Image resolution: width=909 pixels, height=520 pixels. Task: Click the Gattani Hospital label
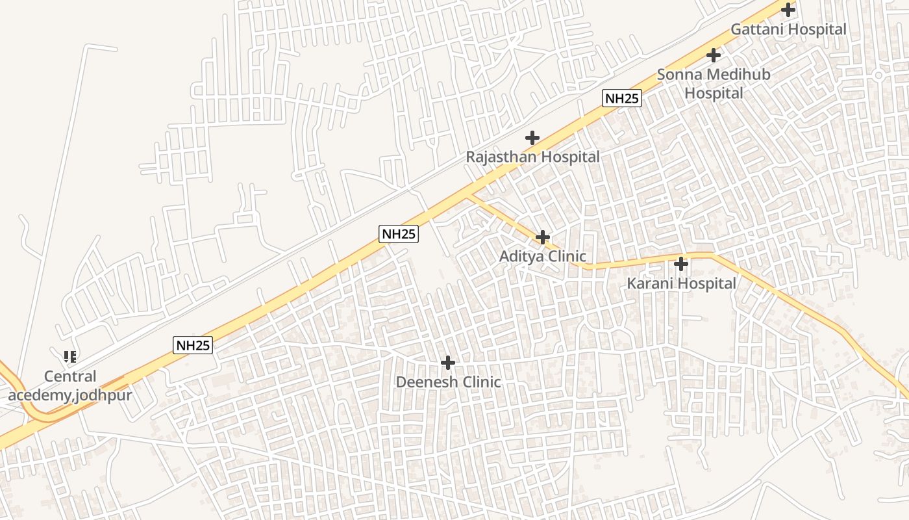(x=788, y=29)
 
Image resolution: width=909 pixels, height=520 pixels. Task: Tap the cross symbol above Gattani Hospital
(x=788, y=10)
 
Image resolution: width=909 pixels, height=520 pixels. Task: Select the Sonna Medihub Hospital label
(x=714, y=84)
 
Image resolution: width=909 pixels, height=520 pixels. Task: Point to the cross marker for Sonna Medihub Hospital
(x=714, y=55)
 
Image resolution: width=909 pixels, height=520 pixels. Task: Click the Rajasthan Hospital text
(x=532, y=157)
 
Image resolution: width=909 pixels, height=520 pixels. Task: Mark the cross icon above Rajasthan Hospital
(x=532, y=138)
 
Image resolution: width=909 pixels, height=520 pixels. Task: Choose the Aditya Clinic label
(x=542, y=257)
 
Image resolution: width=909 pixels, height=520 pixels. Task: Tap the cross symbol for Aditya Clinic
(x=543, y=237)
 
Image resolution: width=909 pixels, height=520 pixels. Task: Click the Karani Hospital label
(x=681, y=283)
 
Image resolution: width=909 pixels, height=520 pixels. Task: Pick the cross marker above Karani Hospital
(x=681, y=264)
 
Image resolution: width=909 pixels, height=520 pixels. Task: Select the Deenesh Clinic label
(x=448, y=382)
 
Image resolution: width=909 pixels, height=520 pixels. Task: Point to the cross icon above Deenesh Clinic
(x=448, y=363)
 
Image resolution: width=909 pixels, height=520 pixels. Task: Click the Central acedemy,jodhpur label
(x=70, y=386)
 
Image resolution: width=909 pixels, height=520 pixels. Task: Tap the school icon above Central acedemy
(x=70, y=356)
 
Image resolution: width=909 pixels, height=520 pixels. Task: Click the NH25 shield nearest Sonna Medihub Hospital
(x=622, y=98)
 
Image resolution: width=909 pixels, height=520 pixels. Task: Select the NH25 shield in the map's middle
(x=399, y=234)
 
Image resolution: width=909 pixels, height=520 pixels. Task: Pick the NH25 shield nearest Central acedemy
(x=193, y=345)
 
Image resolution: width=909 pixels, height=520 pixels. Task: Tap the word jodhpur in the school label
(x=101, y=396)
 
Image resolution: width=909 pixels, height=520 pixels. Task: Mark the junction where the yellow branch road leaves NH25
(x=469, y=193)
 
